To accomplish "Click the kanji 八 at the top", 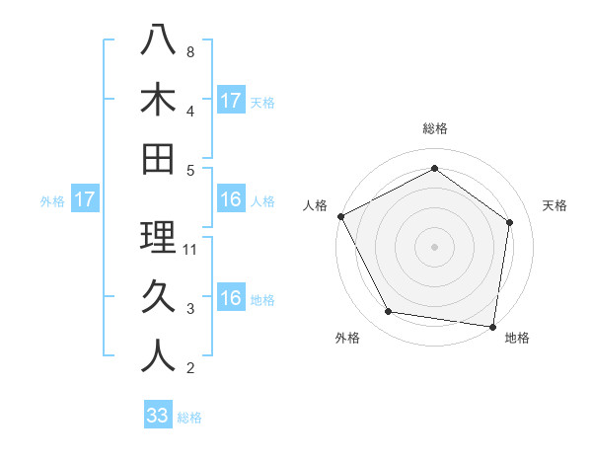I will pos(158,39).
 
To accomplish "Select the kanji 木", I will pos(158,99).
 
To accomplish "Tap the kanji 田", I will pos(158,158).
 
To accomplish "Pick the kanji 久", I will pos(158,297).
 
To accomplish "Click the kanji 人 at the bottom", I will pos(158,356).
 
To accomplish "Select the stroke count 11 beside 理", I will pos(191,250).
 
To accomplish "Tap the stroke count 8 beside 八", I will pos(189,51).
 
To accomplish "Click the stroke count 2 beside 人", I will pos(189,369).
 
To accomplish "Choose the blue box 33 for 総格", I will pos(158,416).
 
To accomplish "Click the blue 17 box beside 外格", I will pos(84,199).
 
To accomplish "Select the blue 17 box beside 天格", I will pos(231,100).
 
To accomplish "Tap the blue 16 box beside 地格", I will pos(231,298).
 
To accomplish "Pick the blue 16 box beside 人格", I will pos(231,199).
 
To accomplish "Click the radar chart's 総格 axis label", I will pos(435,128).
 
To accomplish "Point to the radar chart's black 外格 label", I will pos(347,338).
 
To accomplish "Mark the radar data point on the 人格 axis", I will pos(341,216).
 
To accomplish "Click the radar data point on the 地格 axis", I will pos(492,326).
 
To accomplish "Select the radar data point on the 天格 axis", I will pos(509,223).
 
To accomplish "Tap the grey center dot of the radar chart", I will pos(435,247).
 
